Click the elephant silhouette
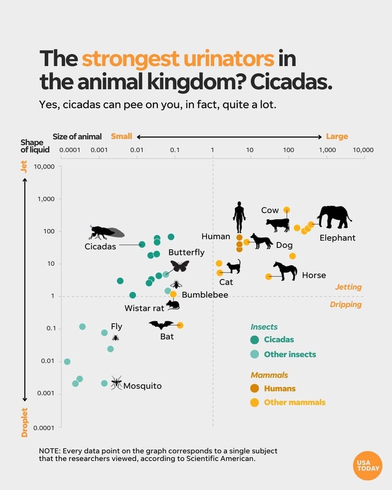(334, 217)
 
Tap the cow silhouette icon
(278, 225)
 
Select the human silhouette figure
(239, 217)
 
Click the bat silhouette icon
(161, 325)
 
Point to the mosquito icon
(116, 382)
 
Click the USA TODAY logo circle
(367, 465)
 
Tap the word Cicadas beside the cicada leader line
(100, 246)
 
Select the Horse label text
(314, 275)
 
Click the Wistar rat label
(144, 308)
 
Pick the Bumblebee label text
(205, 295)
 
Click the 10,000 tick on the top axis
(363, 150)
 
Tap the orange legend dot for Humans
(255, 389)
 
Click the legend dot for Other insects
(255, 354)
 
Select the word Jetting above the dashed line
(348, 287)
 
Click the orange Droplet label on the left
(24, 422)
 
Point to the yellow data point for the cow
(287, 210)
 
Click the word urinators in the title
(178, 59)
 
